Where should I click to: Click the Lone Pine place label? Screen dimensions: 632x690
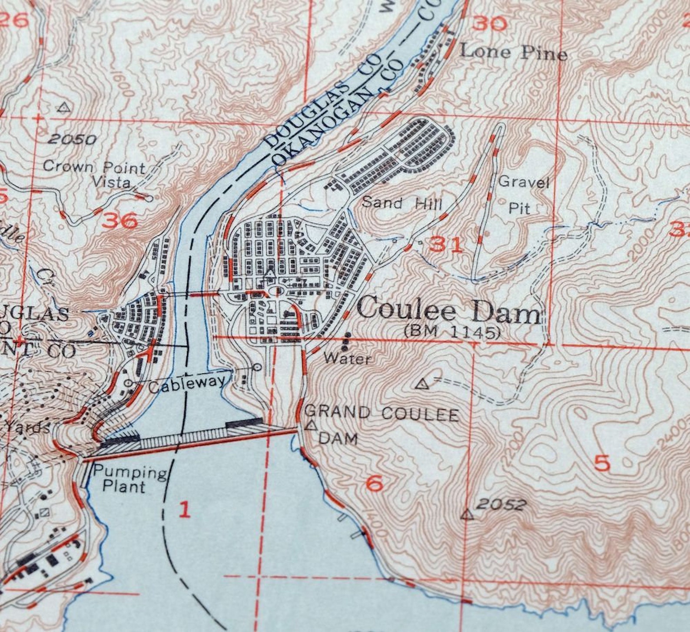tap(513, 53)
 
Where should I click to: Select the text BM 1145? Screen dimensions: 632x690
tap(452, 333)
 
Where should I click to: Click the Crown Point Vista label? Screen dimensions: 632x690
tap(95, 174)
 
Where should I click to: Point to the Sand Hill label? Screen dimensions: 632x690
tap(402, 203)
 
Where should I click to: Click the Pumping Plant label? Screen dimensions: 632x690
tap(129, 479)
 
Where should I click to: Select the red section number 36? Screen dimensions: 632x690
tap(121, 221)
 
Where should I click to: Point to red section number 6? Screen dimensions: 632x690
tap(375, 483)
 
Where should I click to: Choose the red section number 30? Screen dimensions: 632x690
tap(490, 23)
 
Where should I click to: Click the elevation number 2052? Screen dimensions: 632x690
tap(501, 504)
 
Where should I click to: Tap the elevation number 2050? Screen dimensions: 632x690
tap(72, 139)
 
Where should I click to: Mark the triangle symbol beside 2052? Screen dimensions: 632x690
tap(467, 515)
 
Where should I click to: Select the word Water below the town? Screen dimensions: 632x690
tap(348, 359)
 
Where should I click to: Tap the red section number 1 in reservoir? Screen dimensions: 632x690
tap(185, 509)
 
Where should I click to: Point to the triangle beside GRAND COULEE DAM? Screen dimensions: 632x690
tap(311, 425)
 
